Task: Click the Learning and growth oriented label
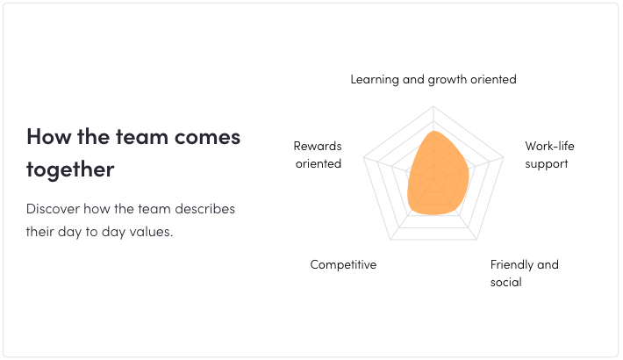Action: click(x=433, y=80)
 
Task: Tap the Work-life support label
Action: click(x=549, y=155)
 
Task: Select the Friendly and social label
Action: click(x=525, y=273)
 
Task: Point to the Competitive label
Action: click(x=343, y=264)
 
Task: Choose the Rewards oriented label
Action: click(x=318, y=155)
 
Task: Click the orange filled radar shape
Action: click(x=437, y=175)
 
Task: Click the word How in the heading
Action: click(x=48, y=136)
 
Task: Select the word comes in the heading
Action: click(x=207, y=138)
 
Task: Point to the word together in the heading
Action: click(x=70, y=169)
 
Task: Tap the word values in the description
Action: click(x=153, y=232)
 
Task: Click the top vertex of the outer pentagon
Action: click(x=433, y=106)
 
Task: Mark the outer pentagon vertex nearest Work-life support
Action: click(x=504, y=157)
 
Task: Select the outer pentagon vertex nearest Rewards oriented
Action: click(x=363, y=157)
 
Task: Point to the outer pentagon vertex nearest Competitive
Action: click(x=390, y=240)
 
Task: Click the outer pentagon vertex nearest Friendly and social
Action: click(x=476, y=240)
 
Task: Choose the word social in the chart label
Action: click(x=505, y=282)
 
